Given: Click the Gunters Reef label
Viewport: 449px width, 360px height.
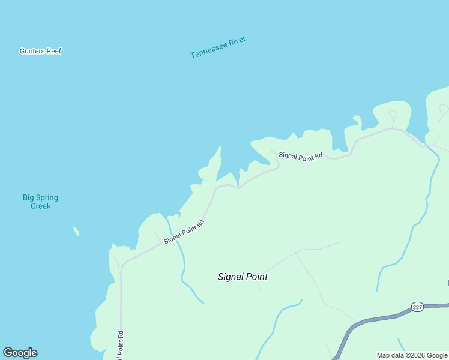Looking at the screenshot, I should [41, 51].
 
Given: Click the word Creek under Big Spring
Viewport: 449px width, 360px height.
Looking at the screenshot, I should [41, 206].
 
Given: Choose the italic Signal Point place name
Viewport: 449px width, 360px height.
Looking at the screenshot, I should [243, 277].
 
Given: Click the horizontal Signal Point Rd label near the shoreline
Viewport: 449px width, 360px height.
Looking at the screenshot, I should [300, 155].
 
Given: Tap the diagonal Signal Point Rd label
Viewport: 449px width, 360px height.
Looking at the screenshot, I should [184, 231].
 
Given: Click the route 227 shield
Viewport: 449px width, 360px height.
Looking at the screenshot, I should [418, 307].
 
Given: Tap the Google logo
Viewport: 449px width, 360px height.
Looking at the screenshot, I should [20, 353].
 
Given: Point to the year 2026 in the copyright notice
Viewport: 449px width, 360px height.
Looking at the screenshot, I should [414, 355].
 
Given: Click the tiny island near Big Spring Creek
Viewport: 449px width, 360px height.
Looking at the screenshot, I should [76, 231].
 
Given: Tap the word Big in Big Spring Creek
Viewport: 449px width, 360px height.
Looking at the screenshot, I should [28, 197].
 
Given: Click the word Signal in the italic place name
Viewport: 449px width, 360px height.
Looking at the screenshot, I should [231, 277].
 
